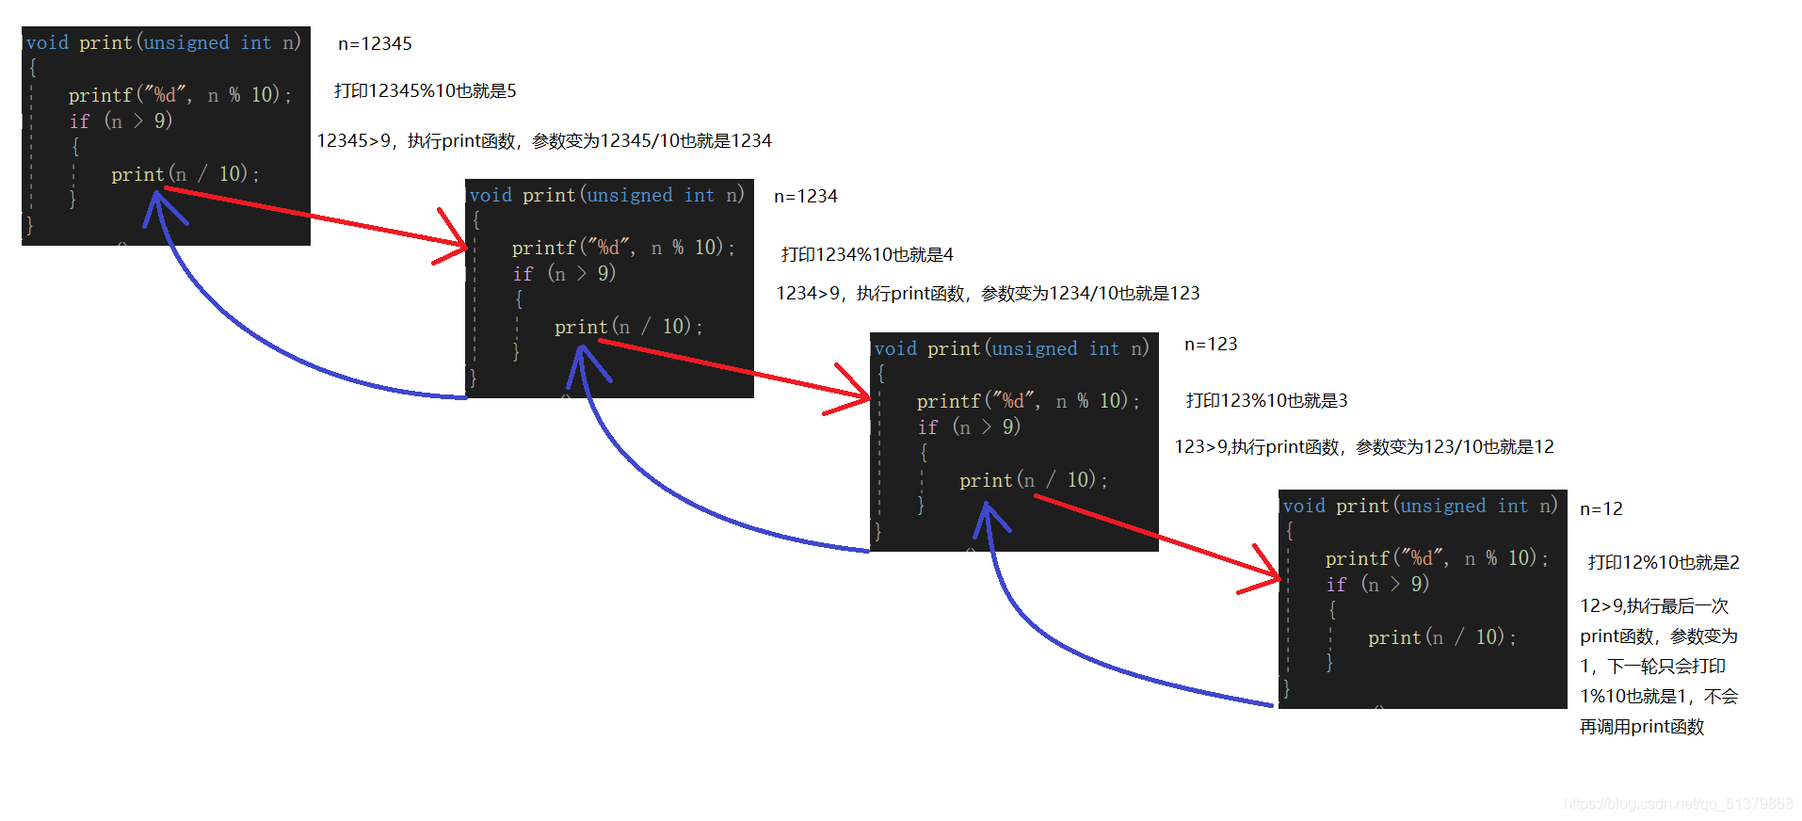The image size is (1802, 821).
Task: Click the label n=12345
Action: pyautogui.click(x=375, y=43)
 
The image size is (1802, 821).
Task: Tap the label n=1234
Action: pyautogui.click(x=805, y=196)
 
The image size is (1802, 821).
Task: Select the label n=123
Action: pyautogui.click(x=1211, y=344)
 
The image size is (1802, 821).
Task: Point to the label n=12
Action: pyautogui.click(x=1601, y=508)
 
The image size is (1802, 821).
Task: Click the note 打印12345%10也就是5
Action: pyautogui.click(x=426, y=90)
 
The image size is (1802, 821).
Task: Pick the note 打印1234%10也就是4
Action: pyautogui.click(x=867, y=254)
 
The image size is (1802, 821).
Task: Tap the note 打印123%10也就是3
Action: pyautogui.click(x=1266, y=400)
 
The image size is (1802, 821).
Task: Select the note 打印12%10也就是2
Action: pyautogui.click(x=1664, y=562)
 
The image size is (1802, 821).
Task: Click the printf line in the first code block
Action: pyautogui.click(x=180, y=95)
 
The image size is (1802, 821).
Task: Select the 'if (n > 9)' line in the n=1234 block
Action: pyautogui.click(x=563, y=273)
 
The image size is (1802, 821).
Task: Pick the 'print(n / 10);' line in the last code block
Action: pyautogui.click(x=1441, y=637)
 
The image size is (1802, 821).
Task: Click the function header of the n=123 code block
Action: pyautogui.click(x=1011, y=348)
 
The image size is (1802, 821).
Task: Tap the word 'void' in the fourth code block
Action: pyautogui.click(x=1304, y=506)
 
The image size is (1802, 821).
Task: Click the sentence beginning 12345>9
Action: pyautogui.click(x=544, y=140)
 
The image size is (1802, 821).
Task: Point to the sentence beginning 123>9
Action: pyautogui.click(x=1364, y=446)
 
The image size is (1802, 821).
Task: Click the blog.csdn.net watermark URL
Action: pyautogui.click(x=1679, y=804)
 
